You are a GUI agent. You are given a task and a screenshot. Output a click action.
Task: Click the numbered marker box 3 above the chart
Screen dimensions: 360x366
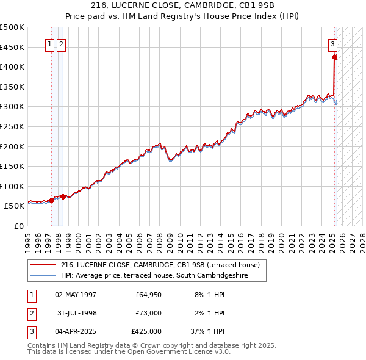tap(333, 43)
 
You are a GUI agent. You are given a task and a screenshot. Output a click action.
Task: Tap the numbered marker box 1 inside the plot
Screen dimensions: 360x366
tap(48, 43)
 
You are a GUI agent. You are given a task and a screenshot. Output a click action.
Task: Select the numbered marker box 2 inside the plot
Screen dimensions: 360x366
tap(62, 43)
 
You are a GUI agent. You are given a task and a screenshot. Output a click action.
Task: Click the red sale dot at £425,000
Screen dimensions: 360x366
tap(334, 57)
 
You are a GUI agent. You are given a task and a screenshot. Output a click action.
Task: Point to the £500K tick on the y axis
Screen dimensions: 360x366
tap(12, 27)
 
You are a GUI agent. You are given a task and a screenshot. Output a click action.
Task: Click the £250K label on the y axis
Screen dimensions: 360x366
tap(12, 126)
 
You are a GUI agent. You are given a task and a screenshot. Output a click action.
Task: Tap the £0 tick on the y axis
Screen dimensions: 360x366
tap(19, 226)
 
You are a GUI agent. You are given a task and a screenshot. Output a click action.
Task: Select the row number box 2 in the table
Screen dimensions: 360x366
tap(31, 313)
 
